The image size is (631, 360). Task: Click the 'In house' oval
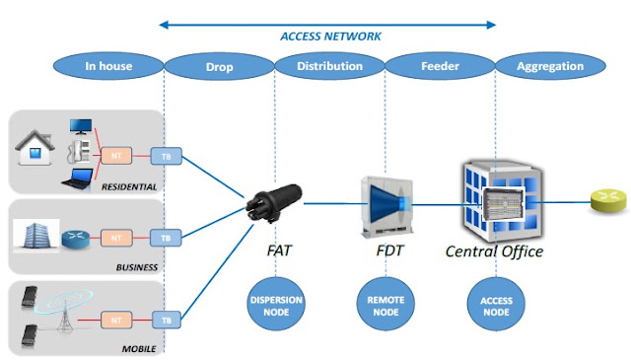108,67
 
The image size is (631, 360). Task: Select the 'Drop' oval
219,67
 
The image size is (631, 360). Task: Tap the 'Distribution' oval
328,67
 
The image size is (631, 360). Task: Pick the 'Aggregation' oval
551,67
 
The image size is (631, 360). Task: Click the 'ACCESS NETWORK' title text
330,36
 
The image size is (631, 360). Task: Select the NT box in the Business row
116,238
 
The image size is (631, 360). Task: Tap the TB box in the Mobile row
165,320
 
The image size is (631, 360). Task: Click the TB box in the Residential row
165,155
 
